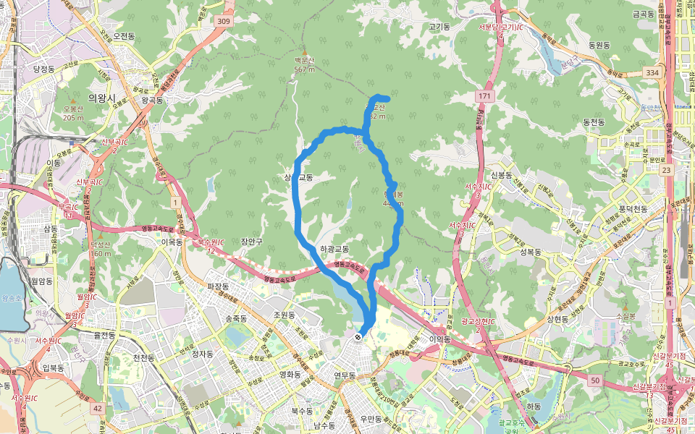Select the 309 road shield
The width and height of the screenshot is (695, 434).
click(x=224, y=22)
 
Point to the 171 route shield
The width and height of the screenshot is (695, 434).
click(x=484, y=95)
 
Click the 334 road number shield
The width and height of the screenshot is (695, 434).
click(x=653, y=73)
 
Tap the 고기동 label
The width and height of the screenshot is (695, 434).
click(x=439, y=27)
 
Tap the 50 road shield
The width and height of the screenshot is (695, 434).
click(x=595, y=380)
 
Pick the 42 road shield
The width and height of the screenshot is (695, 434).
click(x=98, y=409)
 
